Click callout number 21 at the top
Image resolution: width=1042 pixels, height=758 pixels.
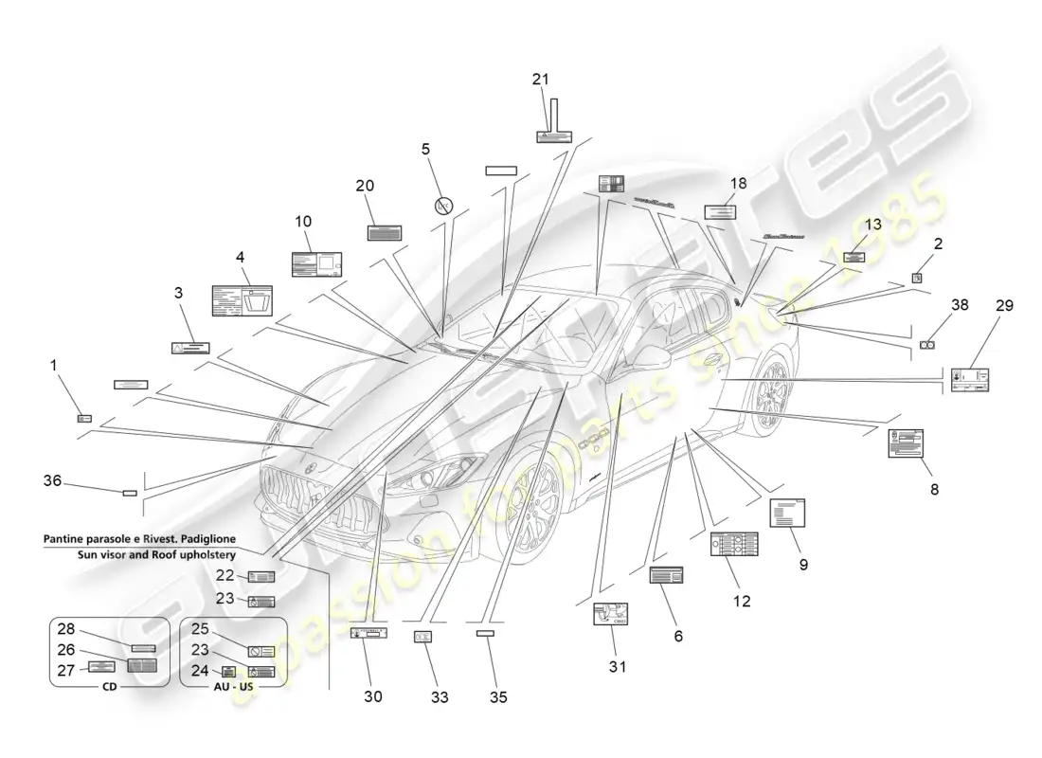pos(540,80)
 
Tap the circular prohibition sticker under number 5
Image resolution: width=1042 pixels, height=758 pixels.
pos(442,205)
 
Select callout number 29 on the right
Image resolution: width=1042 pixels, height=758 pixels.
pos(1004,305)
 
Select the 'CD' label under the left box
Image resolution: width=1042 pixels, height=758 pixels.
pos(109,686)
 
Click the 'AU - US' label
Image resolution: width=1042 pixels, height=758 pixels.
pos(233,686)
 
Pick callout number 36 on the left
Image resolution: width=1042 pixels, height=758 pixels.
pos(52,481)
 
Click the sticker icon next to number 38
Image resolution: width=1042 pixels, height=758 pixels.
pos(928,346)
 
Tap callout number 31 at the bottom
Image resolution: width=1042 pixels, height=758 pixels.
pos(617,667)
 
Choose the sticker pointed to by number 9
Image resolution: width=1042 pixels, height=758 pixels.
pos(788,514)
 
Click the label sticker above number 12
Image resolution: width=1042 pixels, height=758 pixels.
pos(734,544)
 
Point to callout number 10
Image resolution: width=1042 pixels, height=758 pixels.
pos(302,222)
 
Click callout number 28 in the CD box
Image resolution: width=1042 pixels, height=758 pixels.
pos(65,630)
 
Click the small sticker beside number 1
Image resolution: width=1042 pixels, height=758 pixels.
pos(84,417)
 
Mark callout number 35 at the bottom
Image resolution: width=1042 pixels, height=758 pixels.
pos(498,697)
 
